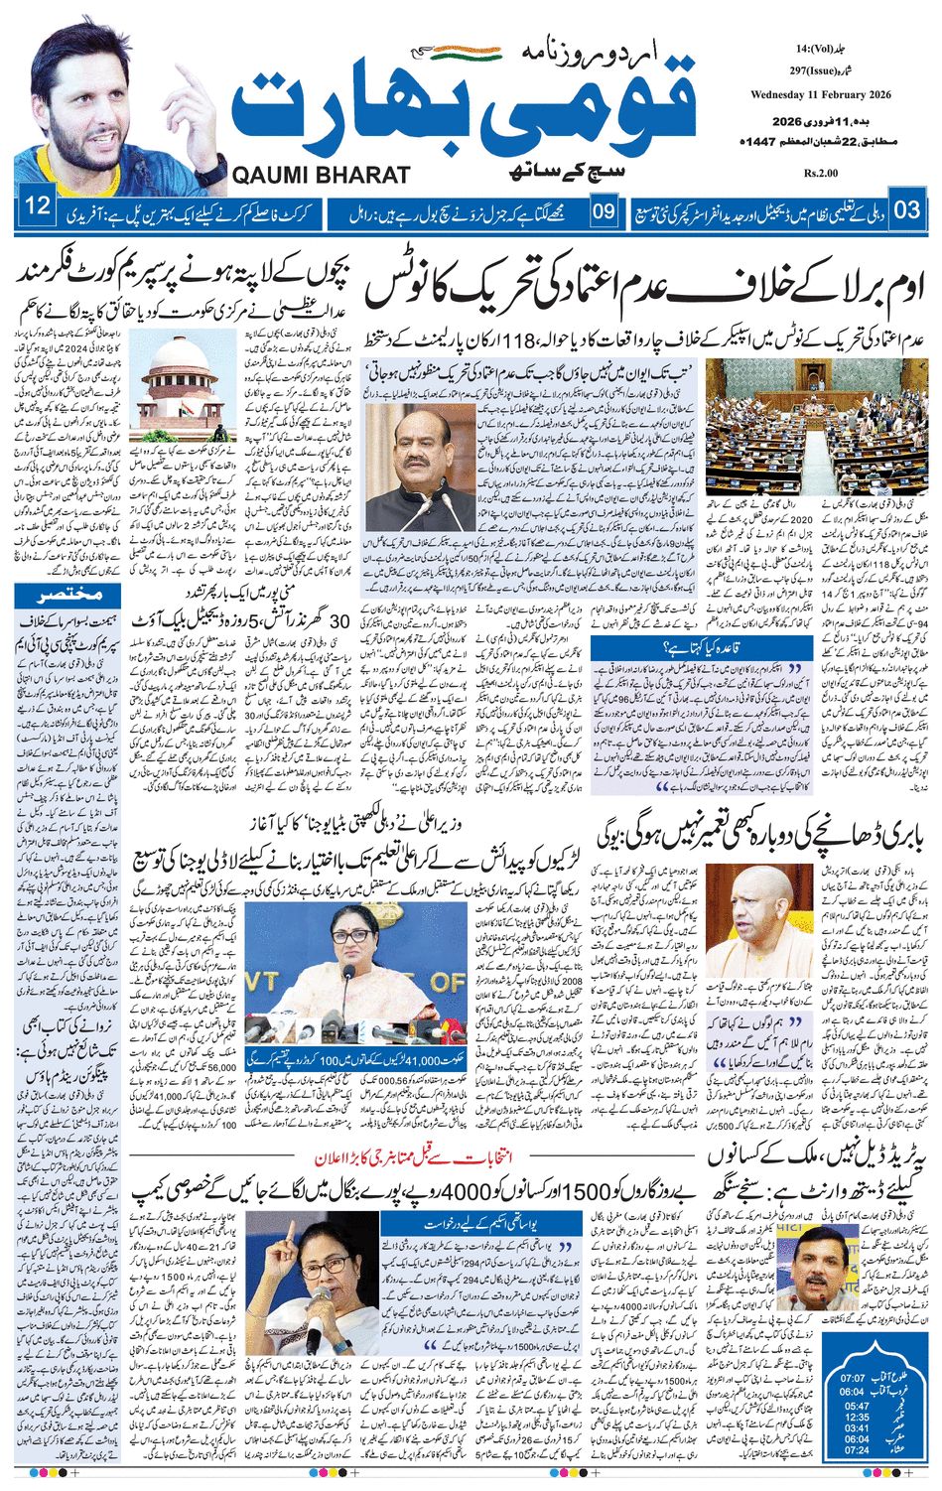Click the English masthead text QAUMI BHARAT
tap(322, 175)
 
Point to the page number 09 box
tap(603, 209)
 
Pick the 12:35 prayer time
tap(856, 1416)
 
